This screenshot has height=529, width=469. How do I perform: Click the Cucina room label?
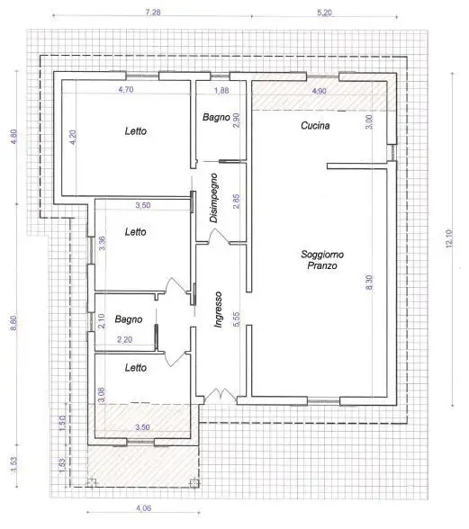314,126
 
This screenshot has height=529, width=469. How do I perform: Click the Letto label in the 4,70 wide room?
136,131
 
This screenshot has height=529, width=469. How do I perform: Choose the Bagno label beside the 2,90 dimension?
214,117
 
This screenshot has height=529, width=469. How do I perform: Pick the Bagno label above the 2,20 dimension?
127,319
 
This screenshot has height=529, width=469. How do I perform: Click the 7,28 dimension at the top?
153,13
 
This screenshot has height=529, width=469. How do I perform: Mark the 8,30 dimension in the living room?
368,282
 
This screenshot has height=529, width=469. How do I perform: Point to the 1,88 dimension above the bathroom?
220,92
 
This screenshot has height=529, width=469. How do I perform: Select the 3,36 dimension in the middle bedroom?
102,243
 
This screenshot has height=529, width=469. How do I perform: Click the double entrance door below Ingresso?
215,396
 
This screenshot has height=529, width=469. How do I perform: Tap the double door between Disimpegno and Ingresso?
215,236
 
